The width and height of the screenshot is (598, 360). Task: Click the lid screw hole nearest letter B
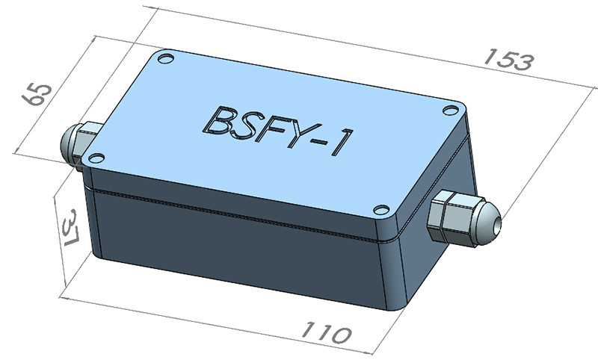168,57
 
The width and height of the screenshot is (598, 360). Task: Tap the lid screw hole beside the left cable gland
95,157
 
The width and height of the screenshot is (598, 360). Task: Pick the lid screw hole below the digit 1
380,211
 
